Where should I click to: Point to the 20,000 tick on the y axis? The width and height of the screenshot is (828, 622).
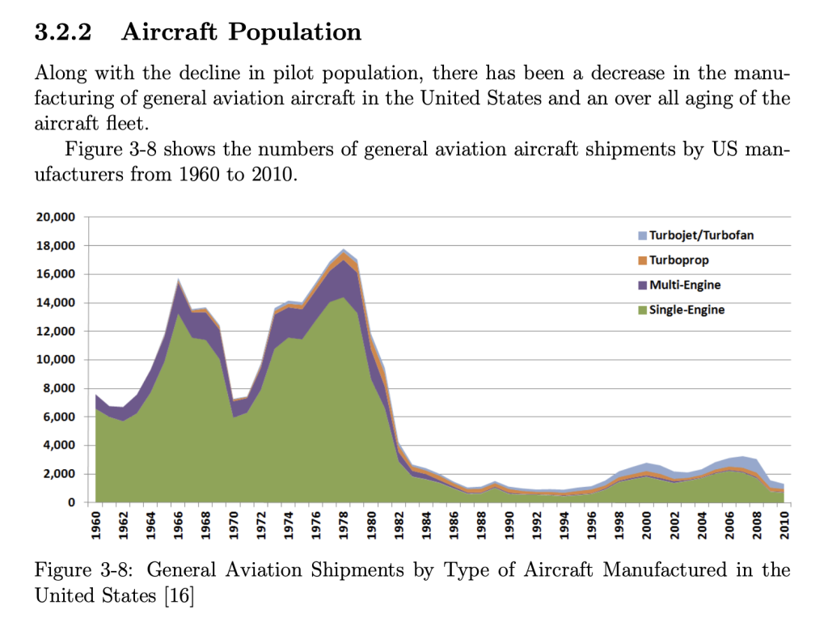[x=55, y=218]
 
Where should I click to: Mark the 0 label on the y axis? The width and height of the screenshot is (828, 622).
[x=70, y=502]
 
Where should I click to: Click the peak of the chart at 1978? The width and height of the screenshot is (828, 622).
[x=344, y=249]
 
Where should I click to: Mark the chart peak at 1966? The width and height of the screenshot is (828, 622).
[x=180, y=279]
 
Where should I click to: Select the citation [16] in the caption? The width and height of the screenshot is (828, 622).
[x=181, y=596]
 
